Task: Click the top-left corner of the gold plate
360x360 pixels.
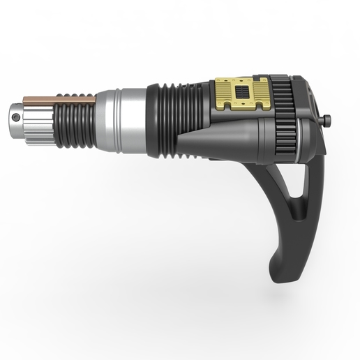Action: pos(216,78)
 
